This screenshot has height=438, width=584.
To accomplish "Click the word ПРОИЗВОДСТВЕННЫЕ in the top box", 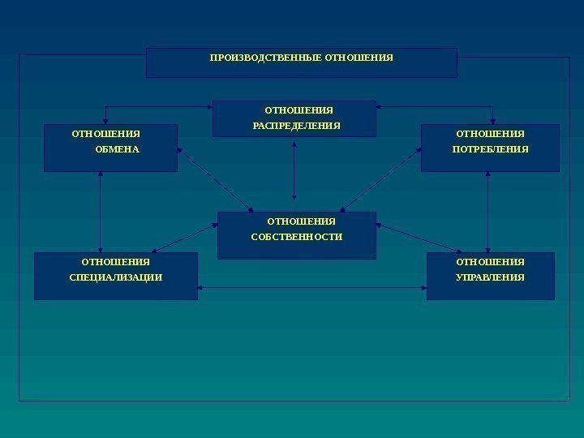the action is [265, 58].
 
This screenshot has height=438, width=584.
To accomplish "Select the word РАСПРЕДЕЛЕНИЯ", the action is [296, 126].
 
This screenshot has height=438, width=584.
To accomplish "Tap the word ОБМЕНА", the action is [118, 149].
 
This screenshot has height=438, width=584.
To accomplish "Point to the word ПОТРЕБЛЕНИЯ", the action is [490, 149].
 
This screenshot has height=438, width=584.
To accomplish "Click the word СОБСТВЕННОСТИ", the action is [303, 237].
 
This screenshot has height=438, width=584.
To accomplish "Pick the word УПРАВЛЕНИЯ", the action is [490, 277].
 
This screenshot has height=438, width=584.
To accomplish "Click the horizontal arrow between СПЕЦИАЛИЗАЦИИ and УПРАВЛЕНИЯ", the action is [312, 288].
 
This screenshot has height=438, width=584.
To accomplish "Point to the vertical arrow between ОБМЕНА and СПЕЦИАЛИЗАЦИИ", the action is [100, 212].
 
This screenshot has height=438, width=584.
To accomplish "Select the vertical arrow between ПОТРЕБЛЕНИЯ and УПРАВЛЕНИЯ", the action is [487, 212].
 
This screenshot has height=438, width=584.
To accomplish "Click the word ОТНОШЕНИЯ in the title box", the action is [359, 58].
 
